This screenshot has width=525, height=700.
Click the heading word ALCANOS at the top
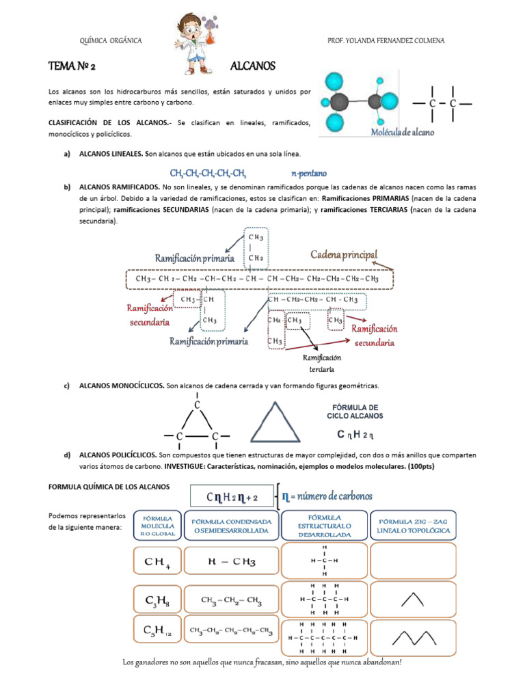tap(253, 66)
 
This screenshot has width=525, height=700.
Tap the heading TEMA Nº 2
tap(76, 66)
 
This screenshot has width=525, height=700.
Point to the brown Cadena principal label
tap(344, 255)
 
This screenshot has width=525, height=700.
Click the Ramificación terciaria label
tap(321, 363)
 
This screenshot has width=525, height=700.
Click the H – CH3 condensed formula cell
tap(231, 563)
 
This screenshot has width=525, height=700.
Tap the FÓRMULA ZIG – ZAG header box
tap(414, 526)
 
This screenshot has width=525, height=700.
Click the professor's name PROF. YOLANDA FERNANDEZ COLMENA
tap(386, 41)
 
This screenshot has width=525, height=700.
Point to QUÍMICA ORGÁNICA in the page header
tap(111, 41)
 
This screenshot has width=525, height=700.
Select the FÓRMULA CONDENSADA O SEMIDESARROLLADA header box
tap(231, 526)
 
